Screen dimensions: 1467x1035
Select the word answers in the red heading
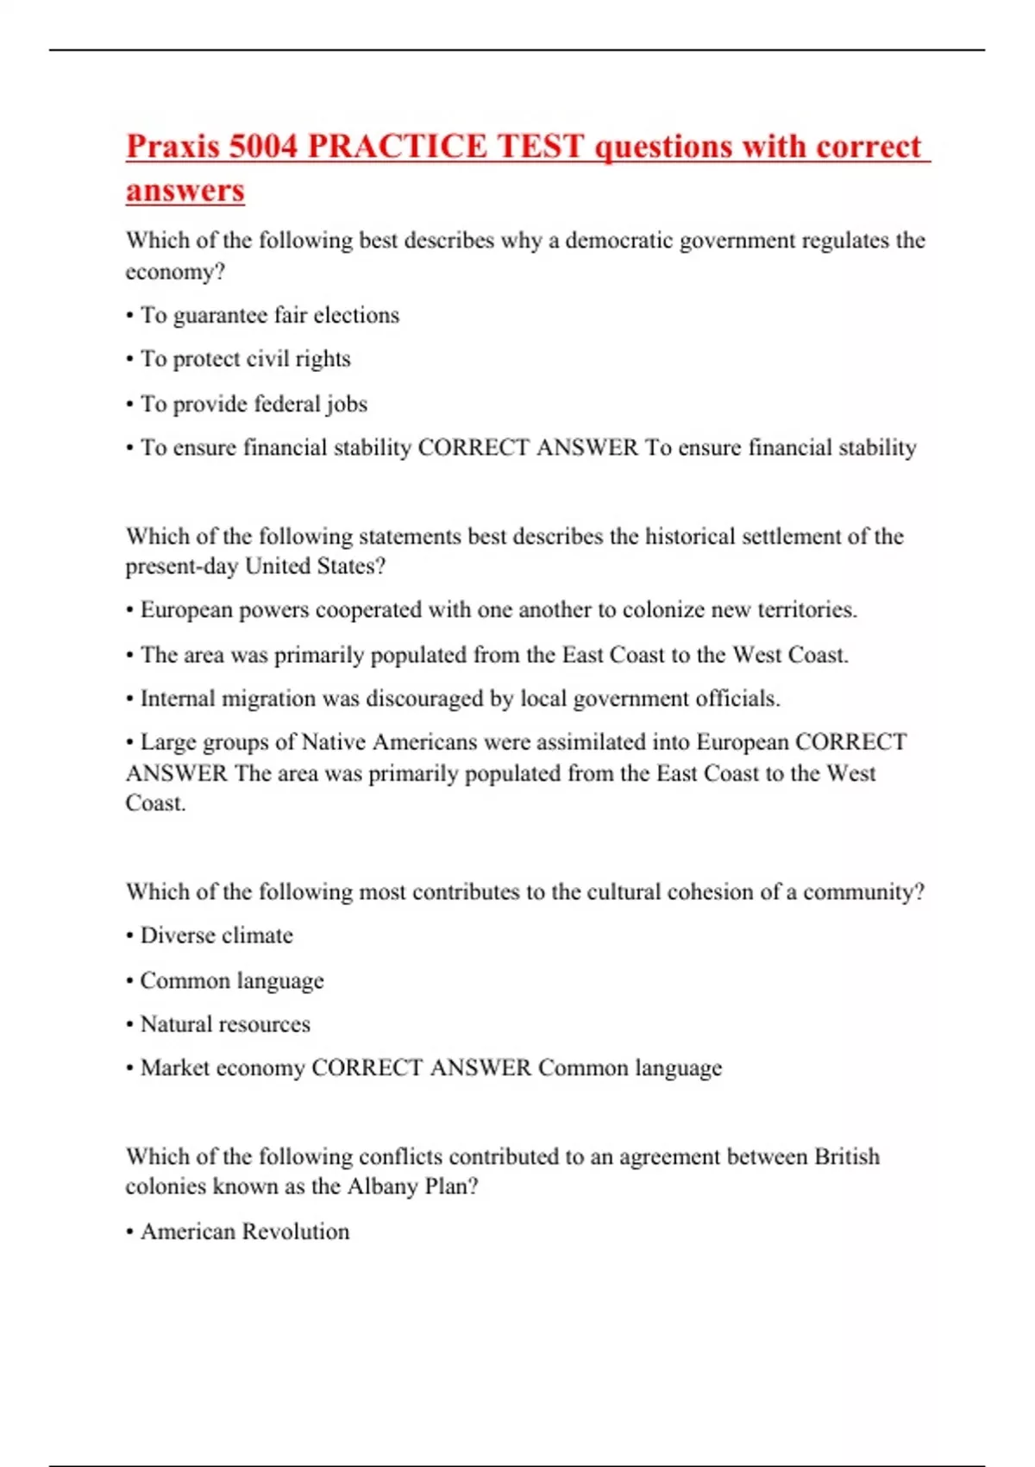185,191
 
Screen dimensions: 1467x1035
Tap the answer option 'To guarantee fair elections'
269,315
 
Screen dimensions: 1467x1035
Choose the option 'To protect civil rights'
245,359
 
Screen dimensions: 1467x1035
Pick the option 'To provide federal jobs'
254,404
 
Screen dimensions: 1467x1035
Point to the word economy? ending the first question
175,272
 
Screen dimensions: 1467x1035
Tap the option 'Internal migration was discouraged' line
460,698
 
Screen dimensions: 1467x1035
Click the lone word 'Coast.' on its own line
156,803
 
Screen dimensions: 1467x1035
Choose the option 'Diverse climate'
216,935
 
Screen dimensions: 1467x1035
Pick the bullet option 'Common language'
232,981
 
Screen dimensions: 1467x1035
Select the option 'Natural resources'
225,1024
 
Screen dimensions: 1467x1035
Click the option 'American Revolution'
245,1231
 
